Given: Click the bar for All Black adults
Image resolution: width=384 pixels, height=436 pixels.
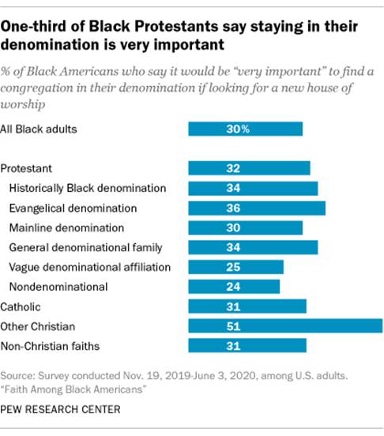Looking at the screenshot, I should click(245, 129).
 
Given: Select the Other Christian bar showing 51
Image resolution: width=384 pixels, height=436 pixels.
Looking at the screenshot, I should click(285, 326).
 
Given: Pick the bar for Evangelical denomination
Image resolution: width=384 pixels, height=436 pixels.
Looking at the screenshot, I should click(257, 208).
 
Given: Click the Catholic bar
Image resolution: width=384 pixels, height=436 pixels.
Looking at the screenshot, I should click(247, 306).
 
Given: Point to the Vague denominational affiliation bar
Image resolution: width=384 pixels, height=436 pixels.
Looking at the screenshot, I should click(235, 267).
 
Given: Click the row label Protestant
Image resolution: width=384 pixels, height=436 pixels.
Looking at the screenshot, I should click(26, 168).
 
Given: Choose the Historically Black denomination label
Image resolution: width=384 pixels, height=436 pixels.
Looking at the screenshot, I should click(87, 188).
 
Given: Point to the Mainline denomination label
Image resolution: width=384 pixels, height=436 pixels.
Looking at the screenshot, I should click(66, 227).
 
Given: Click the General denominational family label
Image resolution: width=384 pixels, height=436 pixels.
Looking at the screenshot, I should click(85, 247).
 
